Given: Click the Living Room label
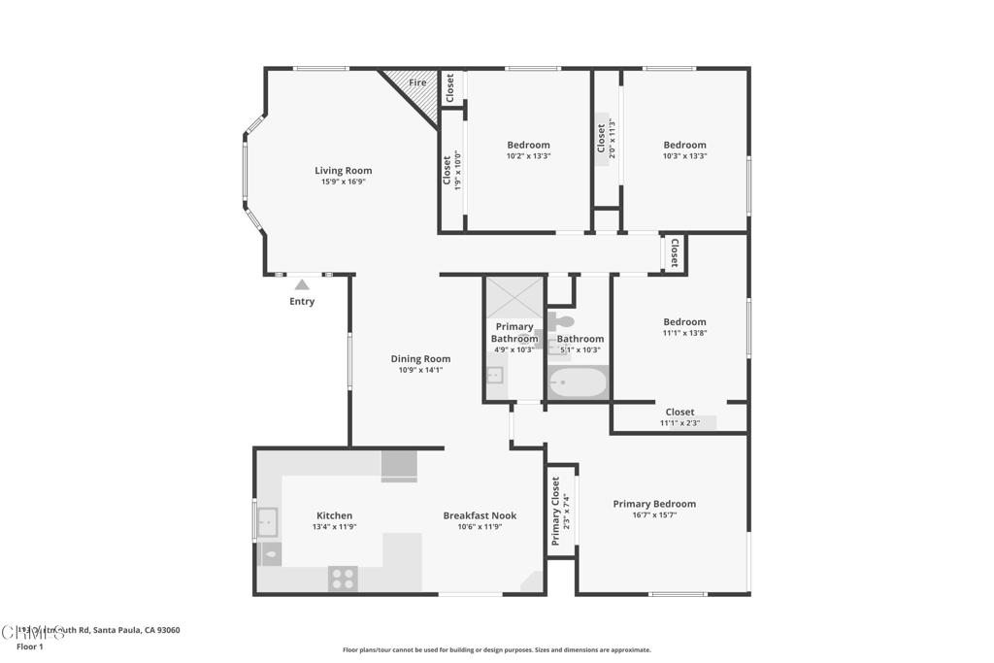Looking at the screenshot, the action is pos(343,171).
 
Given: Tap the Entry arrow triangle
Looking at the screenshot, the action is pos(302,284).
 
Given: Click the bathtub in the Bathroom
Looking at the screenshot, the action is pos(577,381).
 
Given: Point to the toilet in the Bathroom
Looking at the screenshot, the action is pos(563,320).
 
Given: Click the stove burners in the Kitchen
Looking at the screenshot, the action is pos(343,578).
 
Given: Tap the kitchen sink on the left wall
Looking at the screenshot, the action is pos(267,523).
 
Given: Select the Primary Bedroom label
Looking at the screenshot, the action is pos(654,504).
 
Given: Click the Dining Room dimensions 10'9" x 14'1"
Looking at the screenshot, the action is pos(420,370).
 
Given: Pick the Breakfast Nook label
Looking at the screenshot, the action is pos(480,515).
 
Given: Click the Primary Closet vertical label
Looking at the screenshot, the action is pos(556,512).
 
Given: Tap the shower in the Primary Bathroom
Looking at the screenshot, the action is pos(514,297).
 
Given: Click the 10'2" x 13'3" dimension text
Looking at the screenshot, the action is pos(528,156).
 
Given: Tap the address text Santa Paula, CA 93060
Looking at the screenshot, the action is pos(136,630).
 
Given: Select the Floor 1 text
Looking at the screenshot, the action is pos(30,646).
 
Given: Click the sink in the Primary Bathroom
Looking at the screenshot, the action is pos(494,376).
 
